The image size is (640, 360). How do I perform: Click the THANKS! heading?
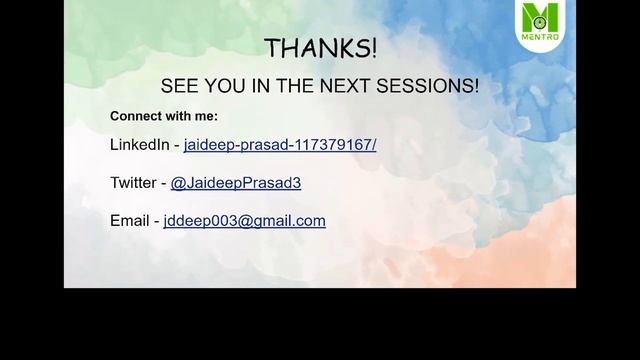[x=321, y=48]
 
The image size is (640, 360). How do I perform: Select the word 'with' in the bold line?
[x=181, y=116]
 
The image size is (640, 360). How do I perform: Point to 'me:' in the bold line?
[x=207, y=116]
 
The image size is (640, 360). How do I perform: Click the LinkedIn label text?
[x=139, y=145]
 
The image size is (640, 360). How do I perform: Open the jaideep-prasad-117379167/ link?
[x=280, y=145]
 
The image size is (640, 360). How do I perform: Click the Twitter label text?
[x=133, y=183]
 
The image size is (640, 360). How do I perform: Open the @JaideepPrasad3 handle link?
[x=236, y=183]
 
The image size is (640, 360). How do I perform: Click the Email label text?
[x=129, y=221]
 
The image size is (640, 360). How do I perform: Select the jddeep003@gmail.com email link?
[x=244, y=221]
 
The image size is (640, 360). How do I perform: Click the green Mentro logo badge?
[x=541, y=24]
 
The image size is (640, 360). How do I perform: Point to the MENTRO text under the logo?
[x=541, y=38]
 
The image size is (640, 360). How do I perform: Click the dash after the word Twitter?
[x=164, y=183]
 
